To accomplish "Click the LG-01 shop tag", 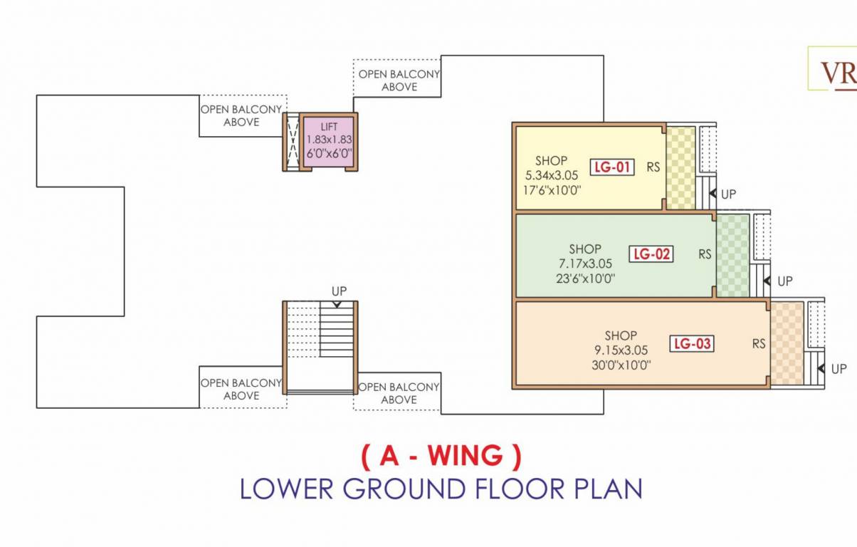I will tap(611, 168).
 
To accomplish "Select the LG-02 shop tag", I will tap(651, 254).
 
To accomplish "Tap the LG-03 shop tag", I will tap(692, 344).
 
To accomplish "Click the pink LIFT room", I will tap(328, 141).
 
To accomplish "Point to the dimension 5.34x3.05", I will tap(552, 175).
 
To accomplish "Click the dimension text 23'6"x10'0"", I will tap(585, 278).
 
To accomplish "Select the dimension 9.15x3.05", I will tap(621, 350).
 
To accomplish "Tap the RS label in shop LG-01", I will tap(653, 168).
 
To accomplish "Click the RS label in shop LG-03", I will tap(759, 344).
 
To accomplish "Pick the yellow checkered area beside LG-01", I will tap(680, 168).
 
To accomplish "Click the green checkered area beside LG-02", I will tap(732, 255).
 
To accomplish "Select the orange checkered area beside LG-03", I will tap(787, 344).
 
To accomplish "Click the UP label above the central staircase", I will tap(339, 292).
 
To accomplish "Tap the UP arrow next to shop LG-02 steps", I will tap(767, 281).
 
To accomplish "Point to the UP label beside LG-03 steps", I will tap(838, 369).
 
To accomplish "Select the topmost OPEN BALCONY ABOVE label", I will tap(399, 80).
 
